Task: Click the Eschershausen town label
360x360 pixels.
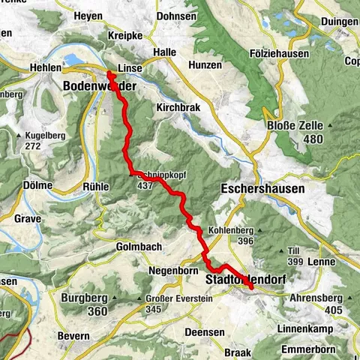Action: (x=262, y=189)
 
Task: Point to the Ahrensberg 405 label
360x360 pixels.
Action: (x=322, y=302)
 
